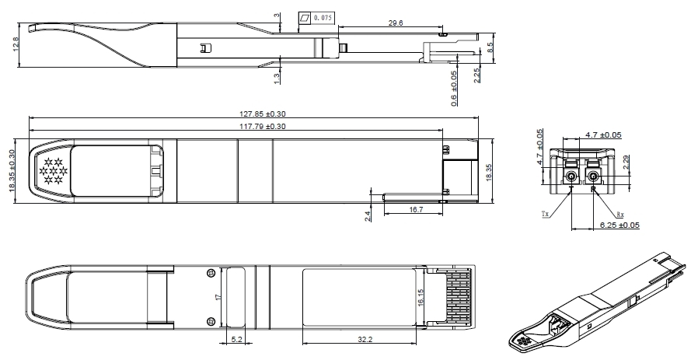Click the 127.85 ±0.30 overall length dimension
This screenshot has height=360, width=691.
(x=262, y=114)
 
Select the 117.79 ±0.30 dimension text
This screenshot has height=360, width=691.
(x=262, y=127)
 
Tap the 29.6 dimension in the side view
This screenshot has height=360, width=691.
(x=396, y=23)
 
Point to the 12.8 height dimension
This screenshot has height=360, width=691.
(x=16, y=44)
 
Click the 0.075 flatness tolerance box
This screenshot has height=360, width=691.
(x=316, y=18)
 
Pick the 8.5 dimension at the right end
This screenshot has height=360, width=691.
(x=490, y=47)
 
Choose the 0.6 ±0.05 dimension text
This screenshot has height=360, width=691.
(x=454, y=88)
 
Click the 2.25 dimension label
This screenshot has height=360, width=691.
(x=476, y=75)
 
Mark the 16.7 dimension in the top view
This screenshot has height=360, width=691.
(x=416, y=210)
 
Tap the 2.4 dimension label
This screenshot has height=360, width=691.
(x=368, y=215)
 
